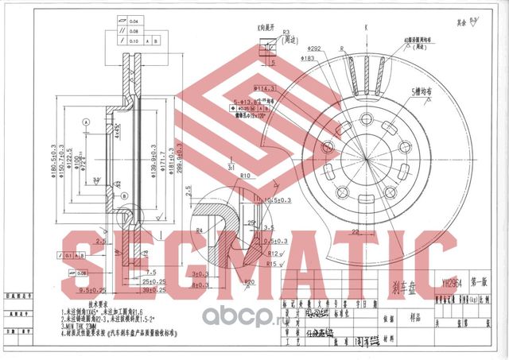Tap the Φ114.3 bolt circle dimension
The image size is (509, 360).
click(264, 87)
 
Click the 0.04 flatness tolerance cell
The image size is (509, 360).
click(134, 21)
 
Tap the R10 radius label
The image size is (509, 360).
click(244, 176)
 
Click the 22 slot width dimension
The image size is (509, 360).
click(358, 231)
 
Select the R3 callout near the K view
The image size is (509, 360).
click(260, 33)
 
